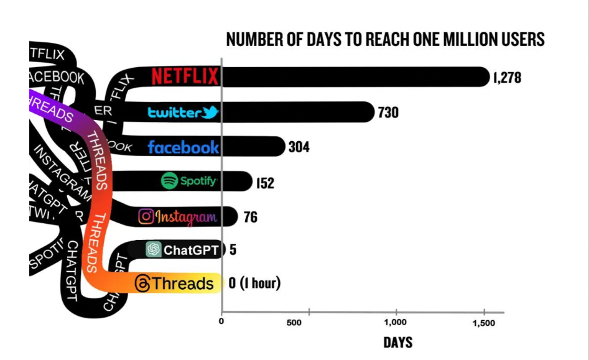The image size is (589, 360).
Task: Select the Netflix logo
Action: pyautogui.click(x=185, y=76)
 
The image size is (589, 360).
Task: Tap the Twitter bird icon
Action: pyautogui.click(x=210, y=113)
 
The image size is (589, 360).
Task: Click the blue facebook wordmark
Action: pyautogui.click(x=183, y=147)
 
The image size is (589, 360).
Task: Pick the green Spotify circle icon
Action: pyautogui.click(x=169, y=181)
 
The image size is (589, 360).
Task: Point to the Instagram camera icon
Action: pyautogui.click(x=146, y=216)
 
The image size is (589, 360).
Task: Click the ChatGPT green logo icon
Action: pyautogui.click(x=153, y=250)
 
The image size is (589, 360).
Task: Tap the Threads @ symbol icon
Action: pyautogui.click(x=142, y=284)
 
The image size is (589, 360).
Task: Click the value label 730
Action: pyautogui.click(x=387, y=113)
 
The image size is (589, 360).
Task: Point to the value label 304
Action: pyautogui.click(x=299, y=147)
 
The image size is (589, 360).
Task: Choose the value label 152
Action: pyautogui.click(x=265, y=183)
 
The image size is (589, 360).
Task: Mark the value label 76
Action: pyautogui.click(x=250, y=217)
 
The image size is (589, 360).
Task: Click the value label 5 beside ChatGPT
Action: pyautogui.click(x=233, y=250)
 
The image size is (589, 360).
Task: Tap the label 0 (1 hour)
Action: pyautogui.click(x=254, y=284)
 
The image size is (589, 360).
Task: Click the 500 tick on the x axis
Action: pyautogui.click(x=294, y=323)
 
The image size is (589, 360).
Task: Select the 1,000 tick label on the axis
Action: pyautogui.click(x=396, y=323)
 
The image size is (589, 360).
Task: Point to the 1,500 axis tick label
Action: pyautogui.click(x=483, y=323)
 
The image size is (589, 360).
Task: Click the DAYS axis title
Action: pyautogui.click(x=397, y=343)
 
